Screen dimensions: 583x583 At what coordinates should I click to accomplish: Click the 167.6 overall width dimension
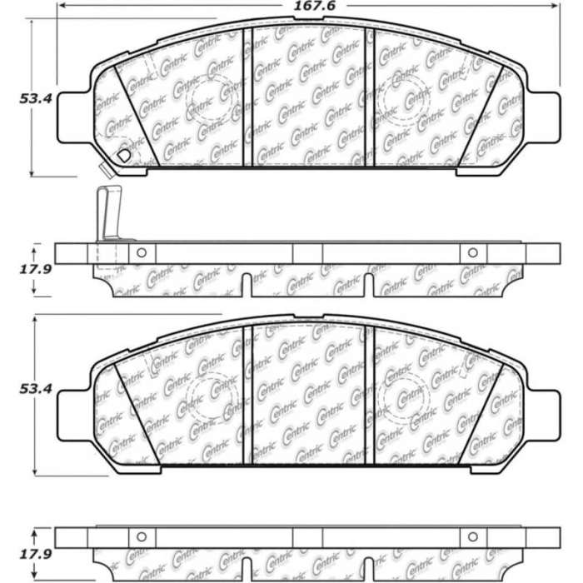coord(315,6)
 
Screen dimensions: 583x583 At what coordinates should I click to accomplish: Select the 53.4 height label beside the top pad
coord(36,98)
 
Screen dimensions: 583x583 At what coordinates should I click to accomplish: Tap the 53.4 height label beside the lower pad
coord(36,389)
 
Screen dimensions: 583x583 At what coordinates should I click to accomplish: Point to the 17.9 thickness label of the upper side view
coord(36,269)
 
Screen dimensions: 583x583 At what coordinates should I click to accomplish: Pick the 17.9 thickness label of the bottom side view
coord(36,555)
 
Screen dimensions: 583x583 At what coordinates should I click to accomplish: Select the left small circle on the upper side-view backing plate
coord(142,253)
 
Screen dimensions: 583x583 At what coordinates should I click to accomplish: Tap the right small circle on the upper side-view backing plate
coord(472,253)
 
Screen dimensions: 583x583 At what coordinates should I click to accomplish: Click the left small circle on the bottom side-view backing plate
coord(142,537)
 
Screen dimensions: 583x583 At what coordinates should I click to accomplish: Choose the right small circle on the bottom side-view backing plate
coord(472,537)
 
